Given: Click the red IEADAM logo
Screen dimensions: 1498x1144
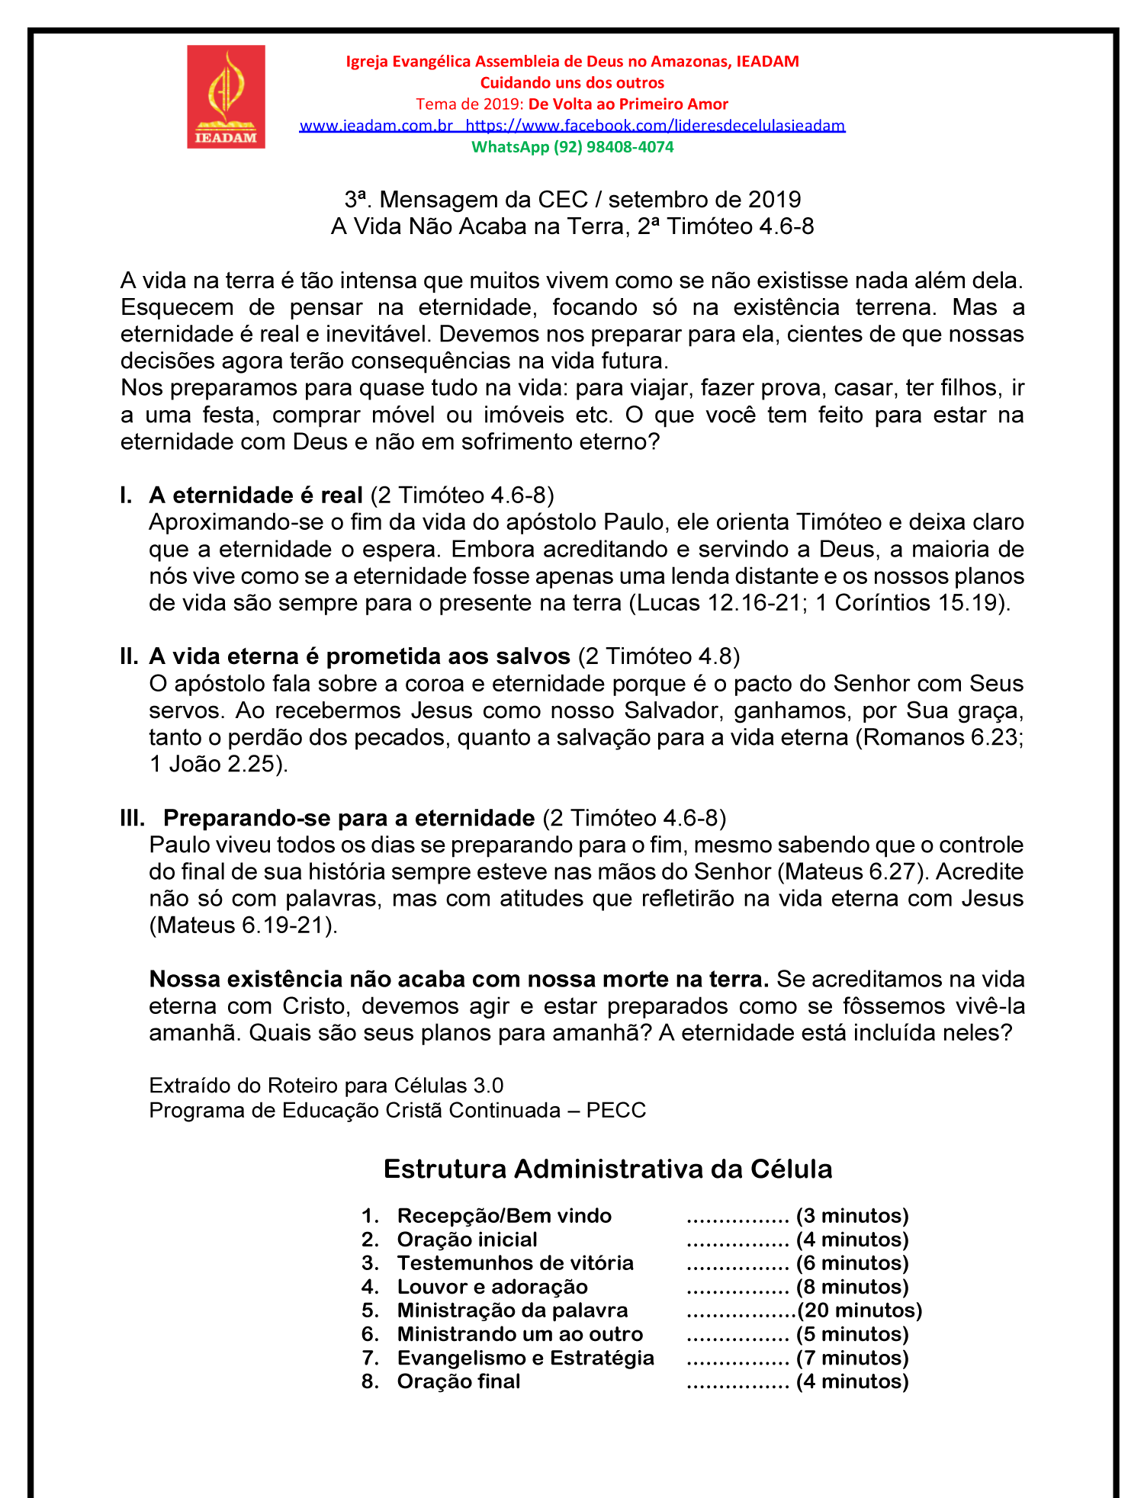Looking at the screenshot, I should (226, 97).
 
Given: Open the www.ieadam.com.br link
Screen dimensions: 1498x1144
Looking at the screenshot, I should (376, 126).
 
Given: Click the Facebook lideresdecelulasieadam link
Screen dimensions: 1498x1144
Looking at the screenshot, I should (655, 126).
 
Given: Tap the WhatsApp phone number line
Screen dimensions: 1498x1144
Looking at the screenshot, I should (572, 147).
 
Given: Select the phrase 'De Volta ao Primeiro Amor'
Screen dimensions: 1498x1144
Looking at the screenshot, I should (628, 104).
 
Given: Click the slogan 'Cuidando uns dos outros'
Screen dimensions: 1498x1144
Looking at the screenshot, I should (572, 83).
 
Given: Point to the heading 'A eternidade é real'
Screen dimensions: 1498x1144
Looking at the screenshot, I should (255, 496).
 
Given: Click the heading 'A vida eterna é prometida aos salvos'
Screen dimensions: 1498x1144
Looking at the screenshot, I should (359, 656).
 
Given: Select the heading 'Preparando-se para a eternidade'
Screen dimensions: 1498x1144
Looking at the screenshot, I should (349, 818).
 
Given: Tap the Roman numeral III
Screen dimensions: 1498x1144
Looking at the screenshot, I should (133, 818).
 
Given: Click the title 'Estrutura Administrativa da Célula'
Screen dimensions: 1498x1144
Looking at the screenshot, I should (608, 1169).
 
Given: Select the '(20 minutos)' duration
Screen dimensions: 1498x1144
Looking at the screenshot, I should (860, 1310).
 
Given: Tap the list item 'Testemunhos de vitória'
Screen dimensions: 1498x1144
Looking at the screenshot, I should (515, 1263).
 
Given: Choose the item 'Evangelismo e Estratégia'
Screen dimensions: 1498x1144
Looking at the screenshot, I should (525, 1358).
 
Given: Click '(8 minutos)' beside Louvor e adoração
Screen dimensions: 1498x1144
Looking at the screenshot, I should (852, 1287).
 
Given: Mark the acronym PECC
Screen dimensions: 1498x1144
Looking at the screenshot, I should (616, 1110).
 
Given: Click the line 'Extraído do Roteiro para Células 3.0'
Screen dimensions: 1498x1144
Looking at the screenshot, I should (326, 1086).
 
